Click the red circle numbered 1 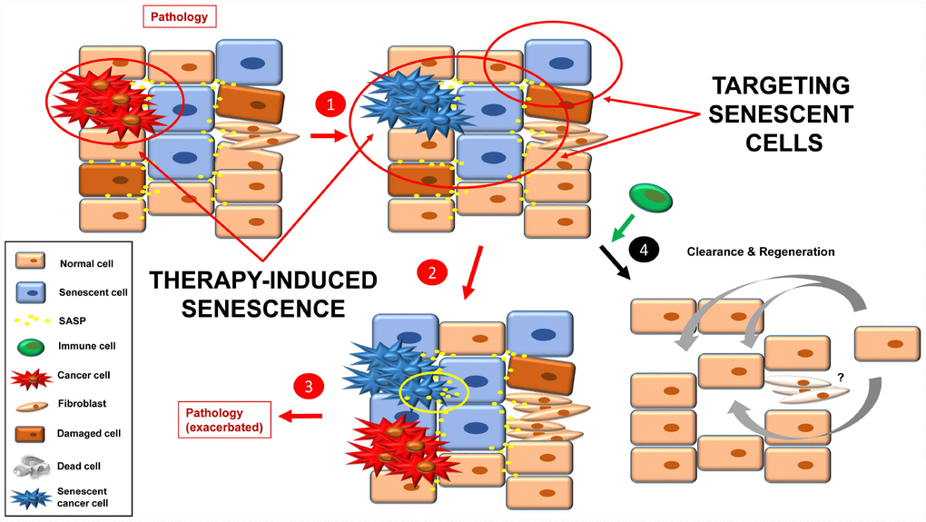330,105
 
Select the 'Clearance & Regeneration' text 761,251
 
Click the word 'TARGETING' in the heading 781,86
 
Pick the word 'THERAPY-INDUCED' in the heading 263,281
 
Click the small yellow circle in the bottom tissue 434,389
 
